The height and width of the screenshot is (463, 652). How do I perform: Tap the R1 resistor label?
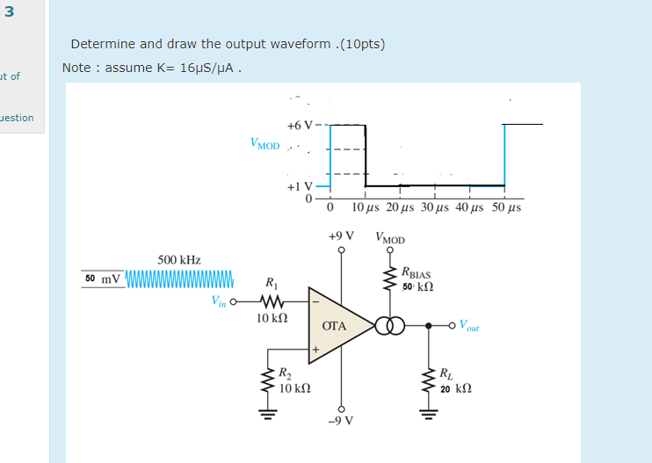click(270, 283)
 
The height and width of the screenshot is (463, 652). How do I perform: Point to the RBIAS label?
click(416, 273)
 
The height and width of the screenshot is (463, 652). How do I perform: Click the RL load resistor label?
click(446, 373)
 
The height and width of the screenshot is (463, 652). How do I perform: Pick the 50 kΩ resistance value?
click(418, 287)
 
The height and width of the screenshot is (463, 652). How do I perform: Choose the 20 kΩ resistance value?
click(456, 387)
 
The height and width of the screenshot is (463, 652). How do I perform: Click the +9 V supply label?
click(340, 236)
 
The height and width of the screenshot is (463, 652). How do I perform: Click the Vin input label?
click(219, 300)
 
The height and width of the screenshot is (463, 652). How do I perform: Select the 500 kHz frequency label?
click(179, 260)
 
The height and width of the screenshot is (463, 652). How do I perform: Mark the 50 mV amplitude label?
click(103, 279)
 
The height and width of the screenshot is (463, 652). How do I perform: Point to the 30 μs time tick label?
click(435, 207)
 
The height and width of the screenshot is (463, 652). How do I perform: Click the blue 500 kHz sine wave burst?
click(179, 279)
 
